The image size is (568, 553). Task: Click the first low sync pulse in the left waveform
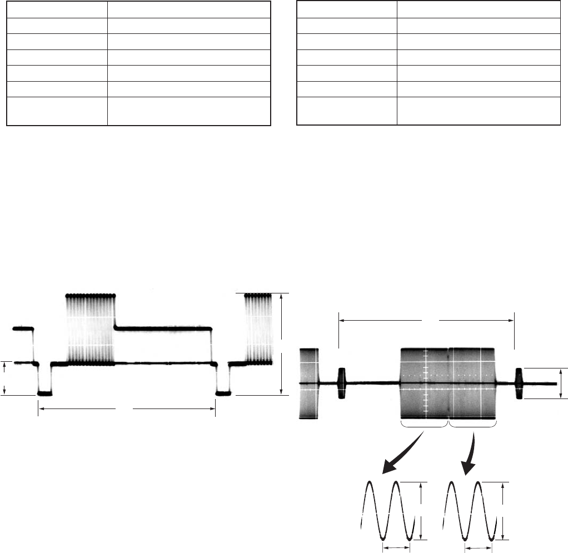44,393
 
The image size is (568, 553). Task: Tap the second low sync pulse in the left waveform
222,393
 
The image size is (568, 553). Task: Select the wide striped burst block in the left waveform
91,328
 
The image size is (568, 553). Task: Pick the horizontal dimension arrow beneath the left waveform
126,410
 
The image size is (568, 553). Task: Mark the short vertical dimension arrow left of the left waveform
5,378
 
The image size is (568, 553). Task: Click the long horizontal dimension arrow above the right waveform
427,320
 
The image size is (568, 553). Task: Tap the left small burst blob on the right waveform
342,383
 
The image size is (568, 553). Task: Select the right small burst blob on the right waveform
520,383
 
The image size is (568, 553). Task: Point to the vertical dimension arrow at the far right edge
560,383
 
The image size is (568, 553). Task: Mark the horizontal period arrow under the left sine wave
396,547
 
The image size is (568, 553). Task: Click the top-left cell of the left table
56,9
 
